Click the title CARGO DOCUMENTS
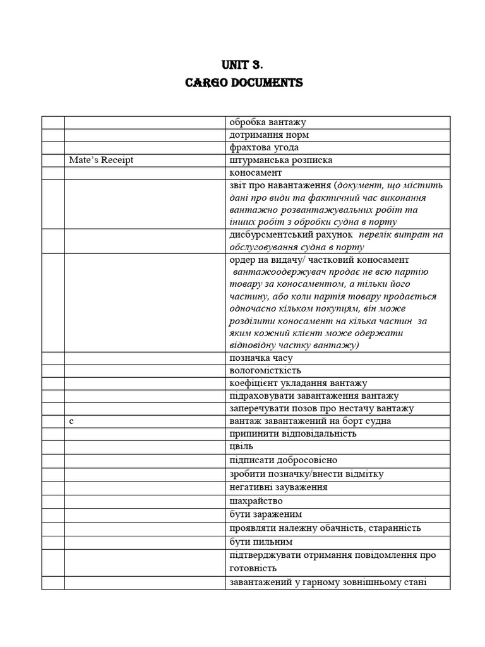coord(244,83)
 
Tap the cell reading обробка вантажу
coord(268,122)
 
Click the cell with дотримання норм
coord(269,135)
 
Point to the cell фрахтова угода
coord(264,147)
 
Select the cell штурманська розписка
coord(281,160)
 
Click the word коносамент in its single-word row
coord(256,172)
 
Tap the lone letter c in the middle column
coord(72,420)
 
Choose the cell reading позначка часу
coord(261,358)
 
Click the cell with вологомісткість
coord(265,370)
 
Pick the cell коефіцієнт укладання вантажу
coord(298,383)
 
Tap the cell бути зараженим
coord(266,514)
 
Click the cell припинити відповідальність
coord(293,433)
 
